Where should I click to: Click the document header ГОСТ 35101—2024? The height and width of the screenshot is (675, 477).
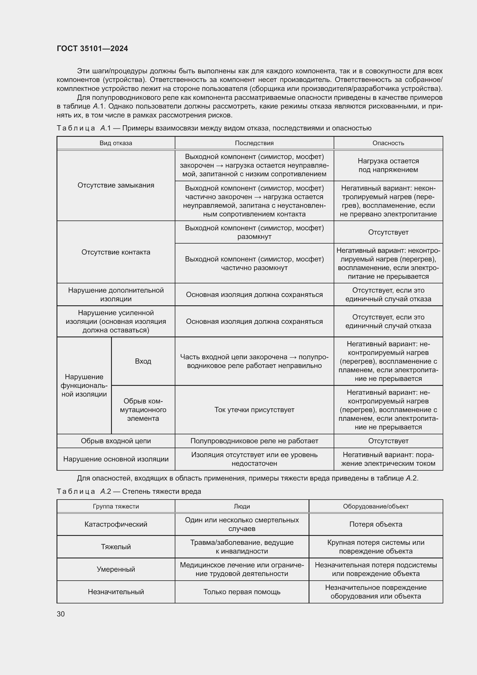pyautogui.click(x=92, y=48)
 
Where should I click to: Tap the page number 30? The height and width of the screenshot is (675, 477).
pyautogui.click(x=61, y=614)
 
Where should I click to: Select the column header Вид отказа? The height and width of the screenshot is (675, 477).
pyautogui.click(x=116, y=143)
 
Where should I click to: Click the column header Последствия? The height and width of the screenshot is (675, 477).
pyautogui.click(x=254, y=143)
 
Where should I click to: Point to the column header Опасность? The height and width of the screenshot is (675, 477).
pyautogui.click(x=388, y=143)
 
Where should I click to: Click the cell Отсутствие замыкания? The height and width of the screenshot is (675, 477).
pyautogui.click(x=116, y=185)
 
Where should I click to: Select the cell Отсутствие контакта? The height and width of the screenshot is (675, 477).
pyautogui.click(x=116, y=252)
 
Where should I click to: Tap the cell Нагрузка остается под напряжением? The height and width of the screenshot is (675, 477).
pyautogui.click(x=388, y=165)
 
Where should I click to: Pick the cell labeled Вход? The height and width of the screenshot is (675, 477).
pyautogui.click(x=143, y=361)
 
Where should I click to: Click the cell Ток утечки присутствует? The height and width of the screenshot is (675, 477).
pyautogui.click(x=254, y=410)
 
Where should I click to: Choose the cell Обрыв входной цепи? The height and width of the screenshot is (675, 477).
pyautogui.click(x=116, y=441)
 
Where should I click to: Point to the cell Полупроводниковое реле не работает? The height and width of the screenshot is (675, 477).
pyautogui.click(x=254, y=441)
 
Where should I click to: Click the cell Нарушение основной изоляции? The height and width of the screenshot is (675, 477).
pyautogui.click(x=116, y=459)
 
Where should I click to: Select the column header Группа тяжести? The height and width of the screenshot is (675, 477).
pyautogui.click(x=116, y=506)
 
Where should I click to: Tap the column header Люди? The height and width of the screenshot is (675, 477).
pyautogui.click(x=242, y=506)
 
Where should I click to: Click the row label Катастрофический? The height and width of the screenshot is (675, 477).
pyautogui.click(x=116, y=524)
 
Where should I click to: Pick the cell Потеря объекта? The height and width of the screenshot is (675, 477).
pyautogui.click(x=376, y=524)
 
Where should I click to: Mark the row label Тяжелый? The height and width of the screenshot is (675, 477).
pyautogui.click(x=116, y=547)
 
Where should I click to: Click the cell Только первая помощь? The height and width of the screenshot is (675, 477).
pyautogui.click(x=242, y=592)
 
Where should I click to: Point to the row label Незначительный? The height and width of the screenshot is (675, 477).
pyautogui.click(x=116, y=592)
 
